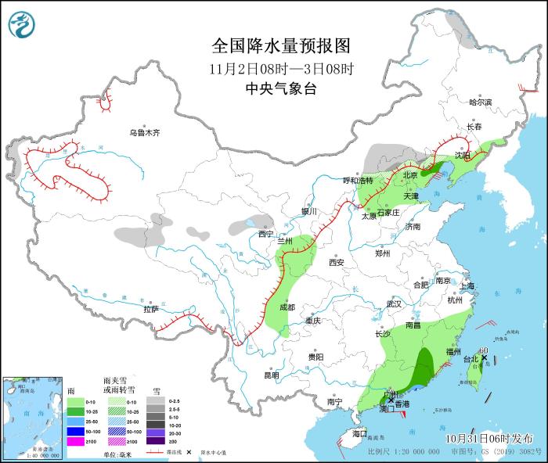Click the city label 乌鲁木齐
pyautogui.click(x=145, y=133)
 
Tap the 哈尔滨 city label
pyautogui.click(x=480, y=102)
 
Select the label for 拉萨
pyautogui.click(x=151, y=309)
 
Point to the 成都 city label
pyautogui.click(x=287, y=307)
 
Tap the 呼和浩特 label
pyautogui.click(x=359, y=181)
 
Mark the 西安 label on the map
pyautogui.click(x=337, y=263)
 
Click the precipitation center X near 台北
pyautogui.click(x=485, y=358)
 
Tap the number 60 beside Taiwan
pyautogui.click(x=485, y=350)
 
